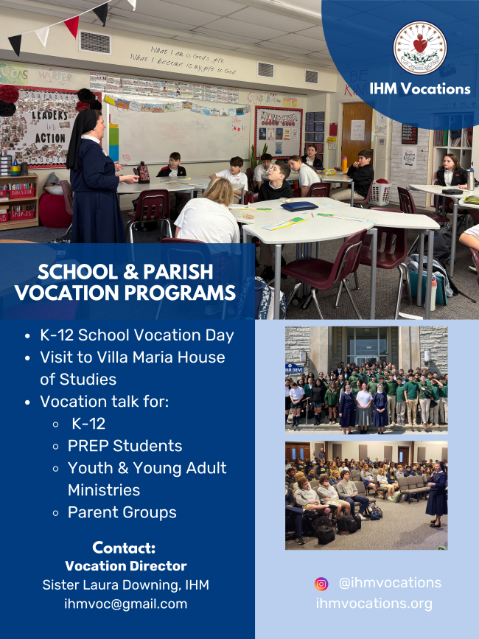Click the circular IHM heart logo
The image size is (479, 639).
pos(420,48)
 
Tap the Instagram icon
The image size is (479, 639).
pos(321,584)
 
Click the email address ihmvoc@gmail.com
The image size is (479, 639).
pos(126,604)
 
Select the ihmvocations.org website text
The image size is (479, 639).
pos(374,604)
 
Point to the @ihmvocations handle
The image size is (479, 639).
pos(390,583)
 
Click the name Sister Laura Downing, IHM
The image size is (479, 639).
pos(125,584)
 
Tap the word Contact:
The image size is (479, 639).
pos(124,548)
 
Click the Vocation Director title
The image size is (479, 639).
pos(126,566)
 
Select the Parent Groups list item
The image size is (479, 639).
pos(122,512)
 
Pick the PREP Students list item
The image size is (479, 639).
pos(125,446)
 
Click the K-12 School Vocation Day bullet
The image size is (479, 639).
pos(137,335)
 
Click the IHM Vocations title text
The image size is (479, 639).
pos(420,88)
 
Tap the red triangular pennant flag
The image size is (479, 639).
pos(72,26)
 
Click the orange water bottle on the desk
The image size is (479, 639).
pos(345,164)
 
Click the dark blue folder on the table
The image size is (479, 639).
pos(299,206)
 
